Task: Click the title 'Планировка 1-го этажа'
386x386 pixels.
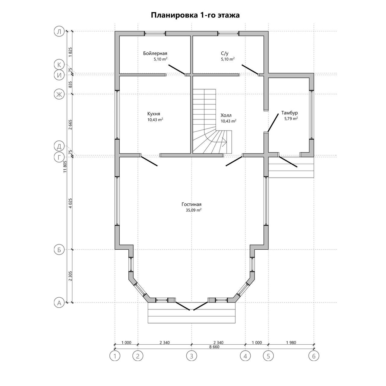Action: click(195, 15)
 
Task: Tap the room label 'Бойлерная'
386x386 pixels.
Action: click(155, 53)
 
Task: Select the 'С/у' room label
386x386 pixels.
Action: click(225, 53)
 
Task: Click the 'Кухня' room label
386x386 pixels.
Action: click(153, 114)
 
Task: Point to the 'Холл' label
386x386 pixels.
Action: click(226, 115)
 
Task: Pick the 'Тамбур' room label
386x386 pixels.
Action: click(289, 113)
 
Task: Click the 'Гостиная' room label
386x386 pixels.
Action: click(191, 204)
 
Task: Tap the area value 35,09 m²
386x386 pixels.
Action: click(194, 210)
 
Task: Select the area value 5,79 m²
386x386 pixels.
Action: click(291, 119)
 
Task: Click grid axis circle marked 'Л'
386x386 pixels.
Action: click(59, 31)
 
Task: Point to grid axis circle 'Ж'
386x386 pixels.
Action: click(59, 94)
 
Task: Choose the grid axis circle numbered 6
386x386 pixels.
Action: click(314, 356)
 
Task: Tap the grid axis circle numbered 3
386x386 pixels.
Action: click(191, 356)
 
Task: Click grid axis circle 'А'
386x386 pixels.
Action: click(59, 303)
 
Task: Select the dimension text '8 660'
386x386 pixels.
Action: click(214, 347)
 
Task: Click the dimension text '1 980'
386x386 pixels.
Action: click(291, 343)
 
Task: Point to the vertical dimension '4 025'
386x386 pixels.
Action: click(70, 203)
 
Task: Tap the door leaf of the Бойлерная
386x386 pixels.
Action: click(176, 69)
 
